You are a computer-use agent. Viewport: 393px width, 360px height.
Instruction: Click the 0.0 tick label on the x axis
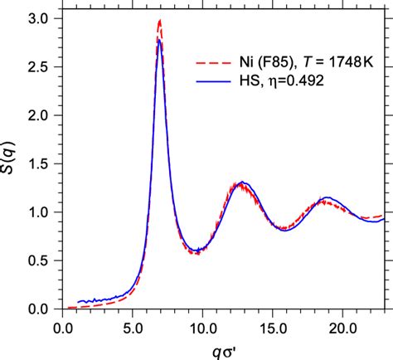click(63, 326)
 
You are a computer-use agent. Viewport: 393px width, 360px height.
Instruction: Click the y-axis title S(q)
click(12, 163)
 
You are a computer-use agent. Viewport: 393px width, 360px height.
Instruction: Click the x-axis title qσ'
click(223, 348)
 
